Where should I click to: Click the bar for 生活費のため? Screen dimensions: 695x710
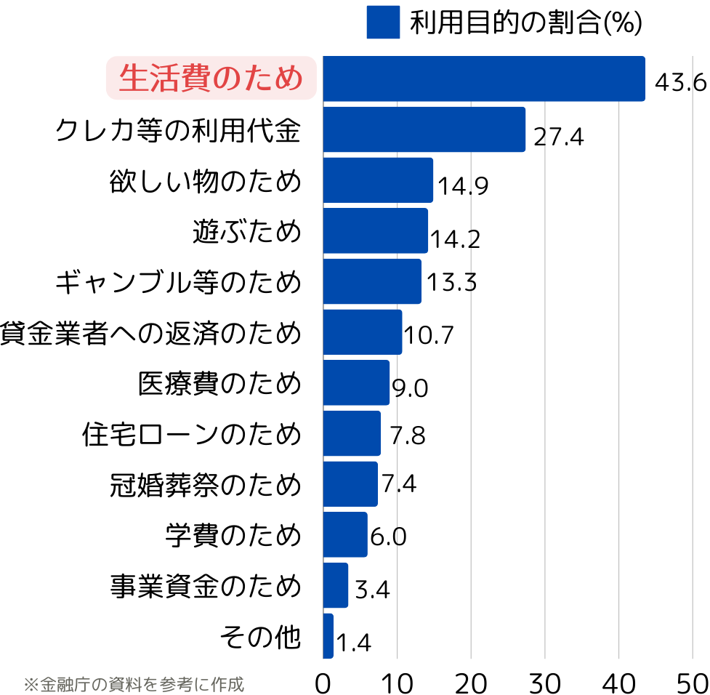pos(483,79)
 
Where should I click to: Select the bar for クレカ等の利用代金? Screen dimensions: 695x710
pos(424,129)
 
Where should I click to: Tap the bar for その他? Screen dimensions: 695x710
pos(328,636)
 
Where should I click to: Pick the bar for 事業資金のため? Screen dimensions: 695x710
pos(335,585)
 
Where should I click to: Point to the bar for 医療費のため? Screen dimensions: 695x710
pos(356,382)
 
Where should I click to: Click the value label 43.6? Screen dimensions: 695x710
pos(680,81)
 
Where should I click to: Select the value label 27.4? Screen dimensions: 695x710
pos(558,136)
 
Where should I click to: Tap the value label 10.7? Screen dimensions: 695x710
pos(428,334)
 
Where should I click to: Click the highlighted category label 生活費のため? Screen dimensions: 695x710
pos(211,79)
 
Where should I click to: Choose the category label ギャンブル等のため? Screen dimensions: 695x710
pos(178,281)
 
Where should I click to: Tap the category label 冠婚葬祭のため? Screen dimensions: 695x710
pos(206,484)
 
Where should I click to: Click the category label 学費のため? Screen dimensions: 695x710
pos(233,535)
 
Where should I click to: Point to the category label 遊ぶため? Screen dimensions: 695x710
pos(246,231)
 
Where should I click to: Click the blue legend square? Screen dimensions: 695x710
pos(383,22)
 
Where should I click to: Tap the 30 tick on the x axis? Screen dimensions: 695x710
pos(545,683)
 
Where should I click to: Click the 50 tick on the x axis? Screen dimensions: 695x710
pos(692,683)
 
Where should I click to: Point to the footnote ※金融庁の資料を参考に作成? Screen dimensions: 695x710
pos(134,684)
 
